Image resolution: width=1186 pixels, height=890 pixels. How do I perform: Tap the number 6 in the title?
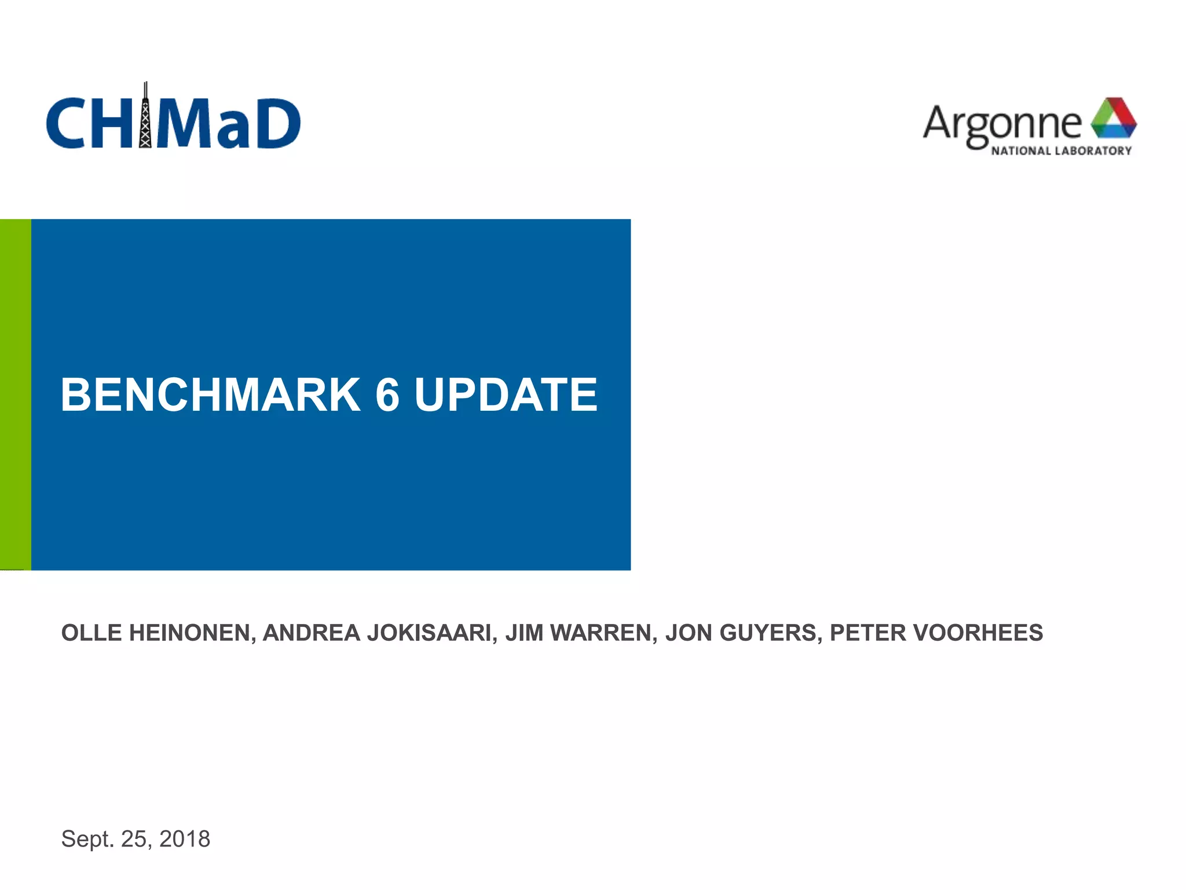coord(387,395)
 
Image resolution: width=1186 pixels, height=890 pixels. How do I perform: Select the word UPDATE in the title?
coord(506,395)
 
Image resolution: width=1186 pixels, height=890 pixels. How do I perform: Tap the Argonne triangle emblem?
coord(1113,118)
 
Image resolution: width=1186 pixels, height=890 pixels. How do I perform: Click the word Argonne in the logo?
coord(1002,123)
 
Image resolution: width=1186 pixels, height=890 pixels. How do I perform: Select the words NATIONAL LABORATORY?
coord(1061,151)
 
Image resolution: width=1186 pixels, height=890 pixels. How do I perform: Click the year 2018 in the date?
coord(185,839)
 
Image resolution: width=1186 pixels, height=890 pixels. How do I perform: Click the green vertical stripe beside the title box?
coord(16,394)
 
